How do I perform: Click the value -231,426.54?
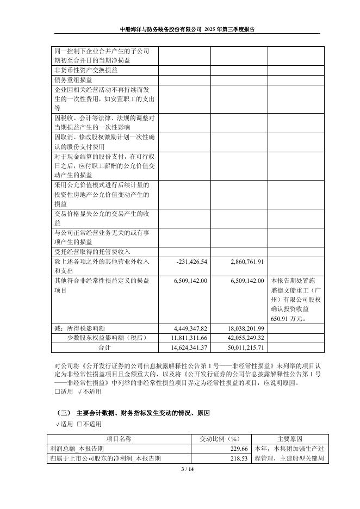click(192, 262)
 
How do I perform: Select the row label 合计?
click(104, 347)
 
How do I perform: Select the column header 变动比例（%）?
click(217, 439)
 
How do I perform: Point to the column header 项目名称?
click(118, 439)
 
